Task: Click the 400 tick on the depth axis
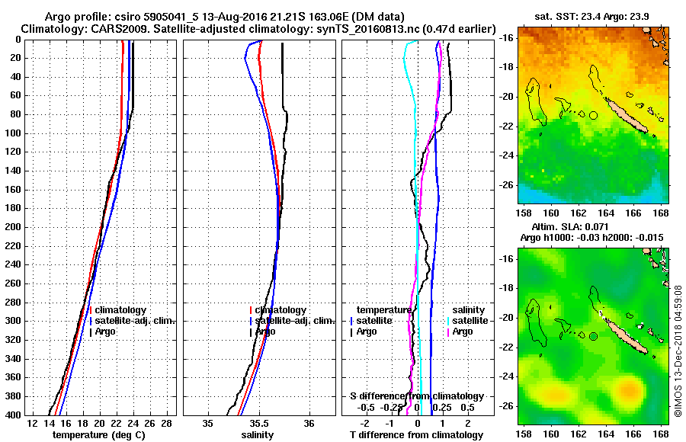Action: point(15,414)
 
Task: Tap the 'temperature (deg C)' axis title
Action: point(98,434)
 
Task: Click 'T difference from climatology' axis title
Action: point(416,434)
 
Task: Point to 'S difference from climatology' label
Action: point(416,396)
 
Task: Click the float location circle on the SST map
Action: point(593,115)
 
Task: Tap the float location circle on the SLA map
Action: point(593,336)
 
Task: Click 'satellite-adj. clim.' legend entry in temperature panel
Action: point(136,321)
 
